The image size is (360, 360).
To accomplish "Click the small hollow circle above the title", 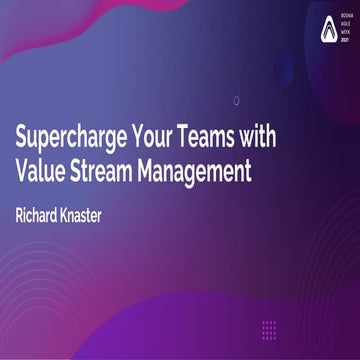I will pyautogui.click(x=236, y=100).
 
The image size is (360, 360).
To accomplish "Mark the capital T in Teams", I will pyautogui.click(x=203, y=135).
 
